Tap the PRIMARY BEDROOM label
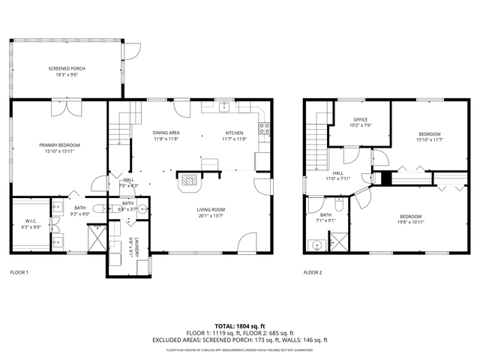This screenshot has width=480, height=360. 59,145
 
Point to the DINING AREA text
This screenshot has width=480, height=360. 166,132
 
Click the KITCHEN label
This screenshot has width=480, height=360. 235,132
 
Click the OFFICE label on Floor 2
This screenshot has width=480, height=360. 361,119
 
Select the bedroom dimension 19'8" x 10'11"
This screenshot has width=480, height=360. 410,222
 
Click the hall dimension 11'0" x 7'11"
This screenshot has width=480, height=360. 338,178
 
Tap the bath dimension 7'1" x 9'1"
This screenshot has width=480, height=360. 325,220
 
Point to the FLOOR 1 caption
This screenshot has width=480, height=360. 19,272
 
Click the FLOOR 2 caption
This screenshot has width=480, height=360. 313,272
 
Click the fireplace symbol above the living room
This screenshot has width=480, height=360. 189,180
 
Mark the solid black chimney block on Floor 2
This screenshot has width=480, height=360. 386,178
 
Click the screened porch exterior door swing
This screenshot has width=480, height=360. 133,49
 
